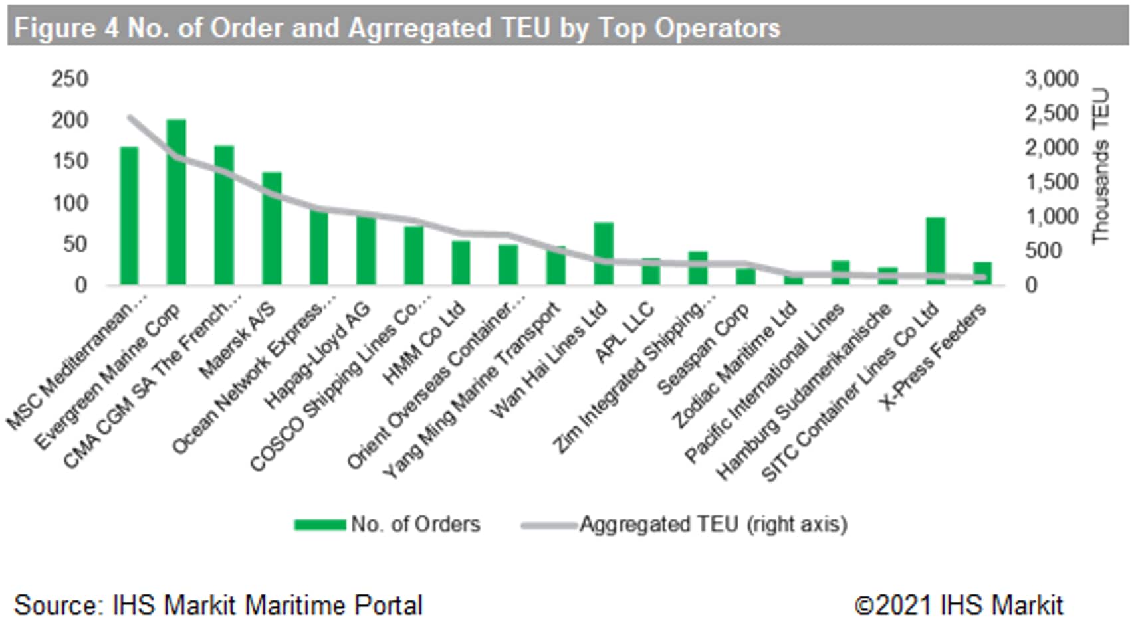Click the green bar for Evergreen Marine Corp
[176, 203]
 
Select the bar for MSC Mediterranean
[129, 216]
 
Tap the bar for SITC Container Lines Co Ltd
[935, 251]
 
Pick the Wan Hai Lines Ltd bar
[604, 254]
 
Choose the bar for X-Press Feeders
[982, 274]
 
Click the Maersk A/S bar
[271, 228]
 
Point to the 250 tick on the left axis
[70, 79]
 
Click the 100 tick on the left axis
[70, 203]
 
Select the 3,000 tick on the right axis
[1052, 79]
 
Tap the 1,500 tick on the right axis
[1052, 182]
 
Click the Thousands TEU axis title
[1101, 165]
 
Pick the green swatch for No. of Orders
[320, 525]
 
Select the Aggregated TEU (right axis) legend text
[713, 525]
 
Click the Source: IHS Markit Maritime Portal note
[218, 606]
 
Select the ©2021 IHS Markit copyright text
[958, 606]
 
